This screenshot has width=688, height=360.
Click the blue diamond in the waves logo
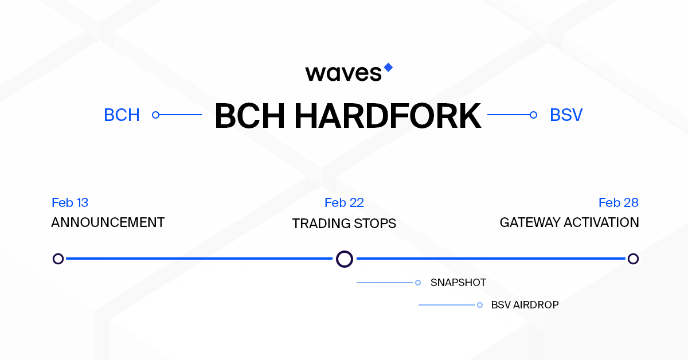pos(388,68)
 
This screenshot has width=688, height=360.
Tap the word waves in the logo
pos(343,73)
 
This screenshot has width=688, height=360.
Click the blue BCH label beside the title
pos(122,115)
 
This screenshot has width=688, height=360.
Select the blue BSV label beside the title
pos(566,115)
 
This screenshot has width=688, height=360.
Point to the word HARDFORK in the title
pos(388,116)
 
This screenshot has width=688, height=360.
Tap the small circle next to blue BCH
pos(156,115)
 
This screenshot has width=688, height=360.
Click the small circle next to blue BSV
pos(534,115)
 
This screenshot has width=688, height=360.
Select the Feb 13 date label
pos(70,203)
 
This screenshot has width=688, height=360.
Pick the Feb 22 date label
pos(345,203)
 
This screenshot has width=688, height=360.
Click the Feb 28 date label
pos(619,203)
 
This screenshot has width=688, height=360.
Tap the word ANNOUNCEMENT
pos(108,222)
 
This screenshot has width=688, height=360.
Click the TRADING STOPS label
pos(344,224)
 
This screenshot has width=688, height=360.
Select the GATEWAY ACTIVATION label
pos(569,222)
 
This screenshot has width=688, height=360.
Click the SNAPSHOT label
pos(458,283)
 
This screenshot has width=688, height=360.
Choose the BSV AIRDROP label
pos(525,305)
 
